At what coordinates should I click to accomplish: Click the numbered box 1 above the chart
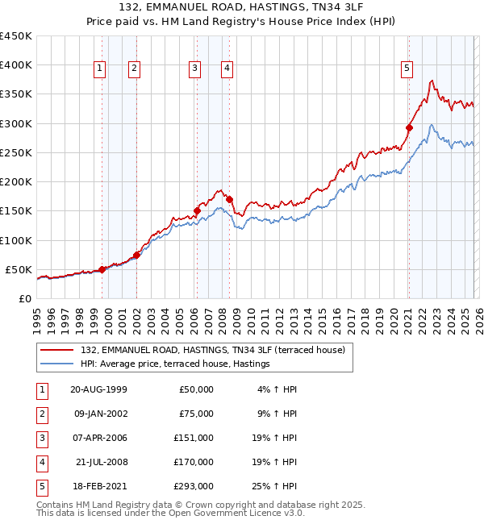pyautogui.click(x=98, y=69)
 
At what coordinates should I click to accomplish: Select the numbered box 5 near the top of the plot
pyautogui.click(x=407, y=69)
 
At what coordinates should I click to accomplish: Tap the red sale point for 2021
pyautogui.click(x=409, y=127)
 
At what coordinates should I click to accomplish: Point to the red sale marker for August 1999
pyautogui.click(x=102, y=269)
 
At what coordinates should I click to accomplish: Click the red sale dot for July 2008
pyautogui.click(x=230, y=199)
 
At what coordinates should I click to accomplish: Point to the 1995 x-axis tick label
pyautogui.click(x=37, y=318)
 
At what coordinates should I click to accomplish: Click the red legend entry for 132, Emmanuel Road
pyautogui.click(x=213, y=350)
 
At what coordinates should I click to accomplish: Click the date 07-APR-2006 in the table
pyautogui.click(x=99, y=437)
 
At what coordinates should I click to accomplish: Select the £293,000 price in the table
pyautogui.click(x=194, y=485)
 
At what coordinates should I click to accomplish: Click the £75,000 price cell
pyautogui.click(x=196, y=413)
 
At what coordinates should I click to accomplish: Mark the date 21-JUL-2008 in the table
pyautogui.click(x=101, y=461)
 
